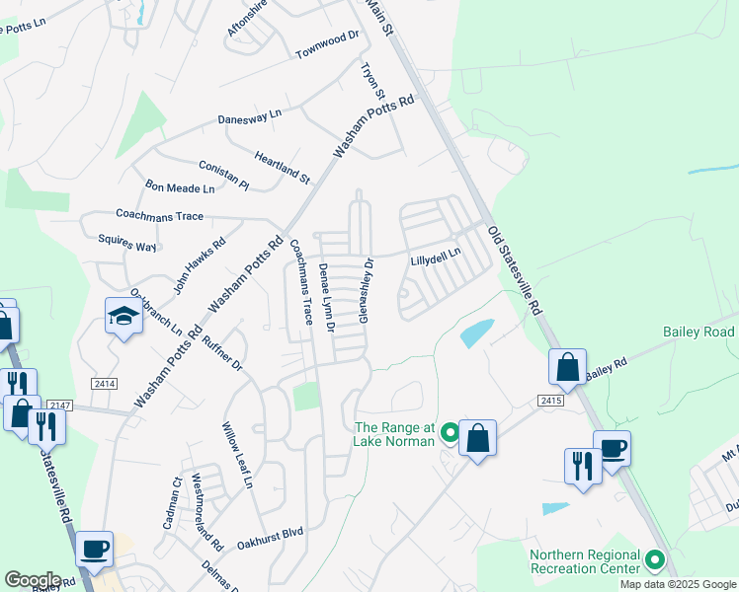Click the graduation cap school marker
(124, 317)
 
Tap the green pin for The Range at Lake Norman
(451, 432)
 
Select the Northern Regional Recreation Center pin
(654, 561)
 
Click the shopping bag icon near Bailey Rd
(568, 367)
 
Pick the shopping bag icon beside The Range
(477, 438)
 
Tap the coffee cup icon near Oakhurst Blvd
(95, 549)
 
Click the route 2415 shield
(551, 400)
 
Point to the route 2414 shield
(106, 382)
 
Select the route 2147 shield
(60, 404)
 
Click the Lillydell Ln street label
(436, 259)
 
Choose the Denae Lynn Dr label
(327, 297)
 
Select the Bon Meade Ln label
(180, 186)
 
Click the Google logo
(33, 580)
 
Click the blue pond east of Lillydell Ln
(476, 333)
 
